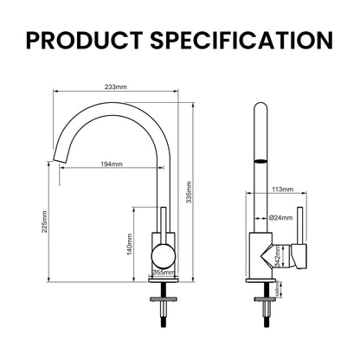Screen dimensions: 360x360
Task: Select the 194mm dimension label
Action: (x=111, y=164)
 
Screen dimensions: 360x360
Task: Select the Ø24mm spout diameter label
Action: (x=280, y=218)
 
